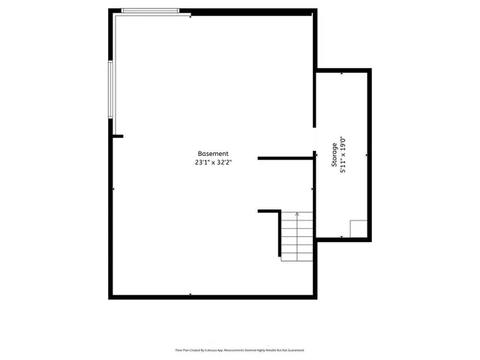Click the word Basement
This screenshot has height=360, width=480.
pyautogui.click(x=213, y=153)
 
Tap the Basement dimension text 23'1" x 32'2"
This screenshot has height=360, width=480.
pyautogui.click(x=213, y=162)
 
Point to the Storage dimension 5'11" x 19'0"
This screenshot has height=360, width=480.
pyautogui.click(x=343, y=155)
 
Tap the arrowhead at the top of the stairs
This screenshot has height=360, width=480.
pyautogui.click(x=297, y=214)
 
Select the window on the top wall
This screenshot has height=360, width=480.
pyautogui.click(x=150, y=10)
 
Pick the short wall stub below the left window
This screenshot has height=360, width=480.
pyautogui.click(x=117, y=136)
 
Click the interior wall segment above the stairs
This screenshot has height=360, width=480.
pyautogui.click(x=285, y=158)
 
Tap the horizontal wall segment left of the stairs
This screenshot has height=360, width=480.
pyautogui.click(x=268, y=211)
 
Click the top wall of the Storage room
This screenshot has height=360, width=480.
pyautogui.click(x=343, y=70)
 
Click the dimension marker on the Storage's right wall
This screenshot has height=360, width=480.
pyautogui.click(x=367, y=154)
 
